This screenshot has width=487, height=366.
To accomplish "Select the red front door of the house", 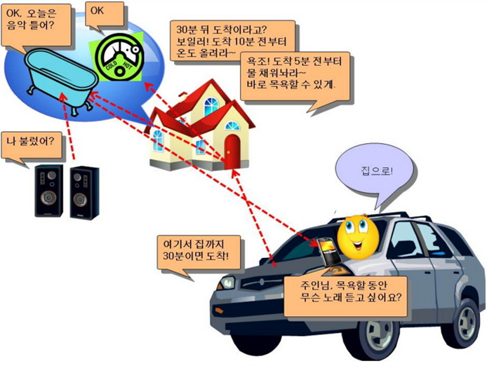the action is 232,151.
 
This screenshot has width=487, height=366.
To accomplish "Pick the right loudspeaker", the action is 85,191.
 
